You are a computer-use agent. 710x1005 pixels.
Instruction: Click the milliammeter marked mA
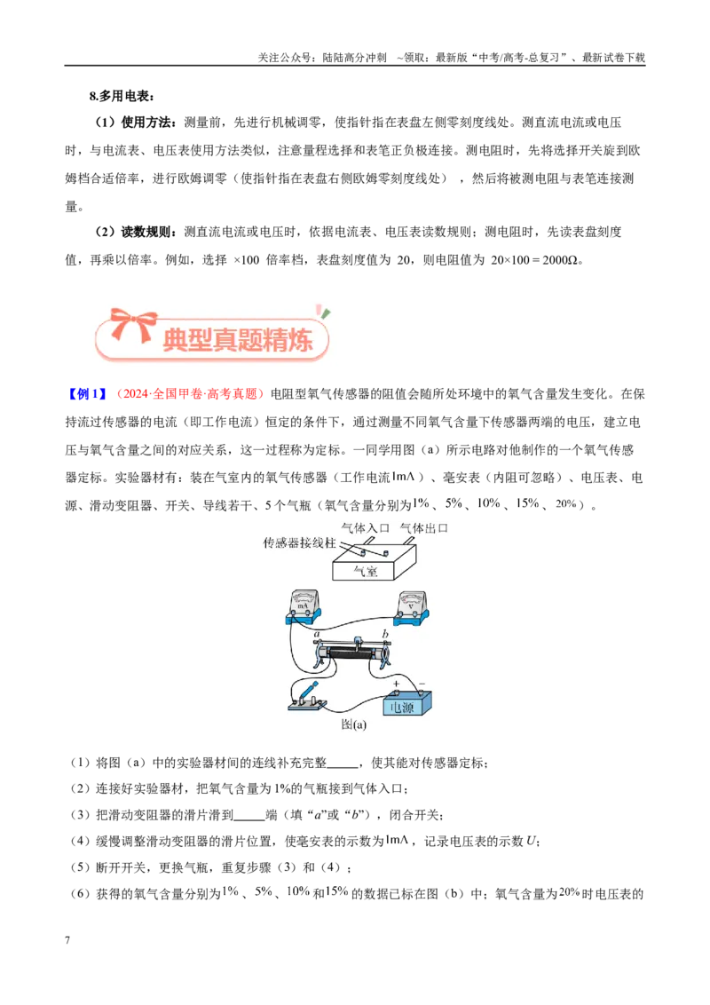pos(303,607)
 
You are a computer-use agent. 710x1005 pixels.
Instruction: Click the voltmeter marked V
pos(411,607)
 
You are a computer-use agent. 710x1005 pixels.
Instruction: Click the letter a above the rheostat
pos(317,634)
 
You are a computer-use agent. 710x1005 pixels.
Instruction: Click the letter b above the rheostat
pos(385,633)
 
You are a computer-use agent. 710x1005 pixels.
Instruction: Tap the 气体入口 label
pos(366,528)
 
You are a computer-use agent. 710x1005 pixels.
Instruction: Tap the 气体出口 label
pos(423,528)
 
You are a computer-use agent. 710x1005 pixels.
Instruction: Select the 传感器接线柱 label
pos(299,542)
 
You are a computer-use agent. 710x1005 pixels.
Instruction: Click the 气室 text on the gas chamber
pos(366,571)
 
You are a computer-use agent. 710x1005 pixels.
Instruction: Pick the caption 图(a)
pos(354,724)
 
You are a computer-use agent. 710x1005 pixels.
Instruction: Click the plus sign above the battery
pos(396,684)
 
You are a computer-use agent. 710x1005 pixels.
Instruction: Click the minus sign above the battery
pos(421,684)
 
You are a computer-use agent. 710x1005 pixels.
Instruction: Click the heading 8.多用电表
pos(122,96)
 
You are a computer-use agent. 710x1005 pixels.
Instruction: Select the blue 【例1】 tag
pos(86,393)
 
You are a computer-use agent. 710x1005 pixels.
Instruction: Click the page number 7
pos(67,940)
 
